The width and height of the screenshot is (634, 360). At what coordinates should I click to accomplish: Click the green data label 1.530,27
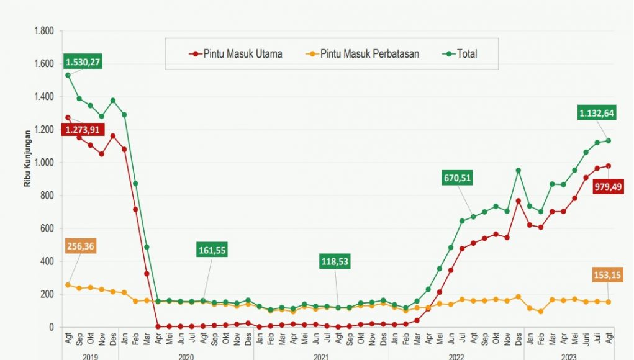point(83,62)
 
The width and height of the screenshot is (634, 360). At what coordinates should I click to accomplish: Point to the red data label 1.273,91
point(83,130)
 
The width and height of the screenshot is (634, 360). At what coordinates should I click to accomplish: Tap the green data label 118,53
point(334,261)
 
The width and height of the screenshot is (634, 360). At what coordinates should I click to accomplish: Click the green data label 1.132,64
point(596,112)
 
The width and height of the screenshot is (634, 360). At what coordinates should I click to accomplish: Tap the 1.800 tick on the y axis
point(45,31)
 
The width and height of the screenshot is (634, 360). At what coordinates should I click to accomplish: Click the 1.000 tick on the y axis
point(45,163)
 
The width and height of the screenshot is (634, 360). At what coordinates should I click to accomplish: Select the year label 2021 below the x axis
point(321,356)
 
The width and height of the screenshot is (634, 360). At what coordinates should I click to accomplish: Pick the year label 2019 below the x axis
point(90,356)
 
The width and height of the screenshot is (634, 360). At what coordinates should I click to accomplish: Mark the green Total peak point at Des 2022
point(518,170)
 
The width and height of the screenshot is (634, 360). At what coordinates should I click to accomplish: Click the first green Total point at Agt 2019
point(68,75)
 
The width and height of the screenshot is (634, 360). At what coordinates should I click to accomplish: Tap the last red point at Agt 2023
point(609,166)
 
